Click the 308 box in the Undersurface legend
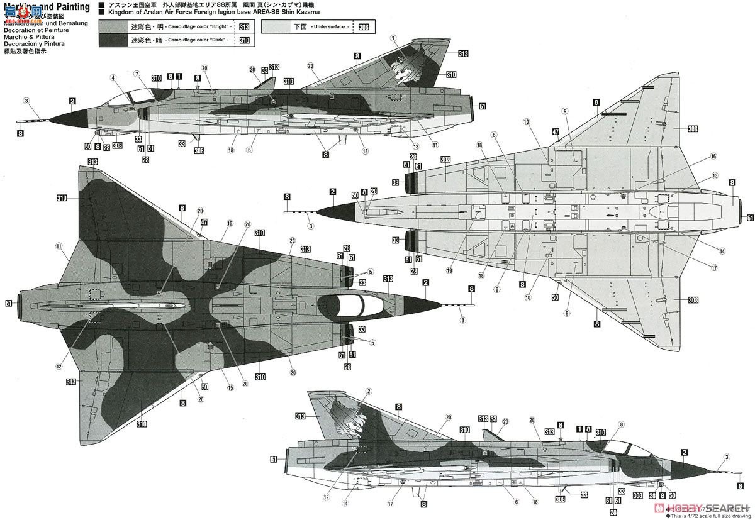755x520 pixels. (x=364, y=27)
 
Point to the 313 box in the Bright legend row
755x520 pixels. (x=244, y=27)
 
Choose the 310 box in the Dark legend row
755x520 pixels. (x=244, y=40)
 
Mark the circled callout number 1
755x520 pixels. (x=394, y=38)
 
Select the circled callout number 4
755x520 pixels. (x=113, y=79)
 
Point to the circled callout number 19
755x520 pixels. (x=450, y=271)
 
